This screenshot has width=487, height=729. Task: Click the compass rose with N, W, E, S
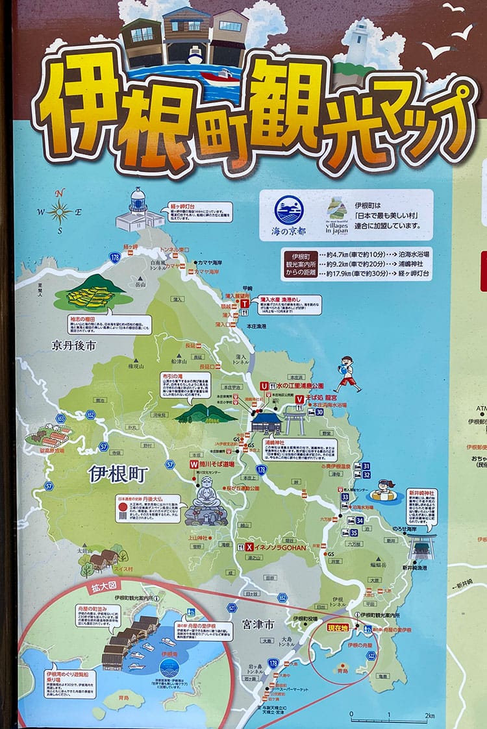[59, 211]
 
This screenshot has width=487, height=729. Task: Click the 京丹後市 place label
[74, 346]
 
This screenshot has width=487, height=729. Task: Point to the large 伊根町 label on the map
[118, 474]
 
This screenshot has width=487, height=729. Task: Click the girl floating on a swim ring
[384, 491]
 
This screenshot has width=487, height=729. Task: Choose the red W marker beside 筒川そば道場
[193, 465]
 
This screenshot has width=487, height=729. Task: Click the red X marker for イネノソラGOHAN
[249, 547]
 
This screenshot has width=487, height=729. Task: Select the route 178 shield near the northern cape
[115, 258]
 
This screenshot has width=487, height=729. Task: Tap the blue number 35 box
[353, 532]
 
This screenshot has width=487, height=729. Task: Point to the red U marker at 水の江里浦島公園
[264, 386]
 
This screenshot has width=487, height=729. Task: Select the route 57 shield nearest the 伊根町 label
[170, 465]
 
